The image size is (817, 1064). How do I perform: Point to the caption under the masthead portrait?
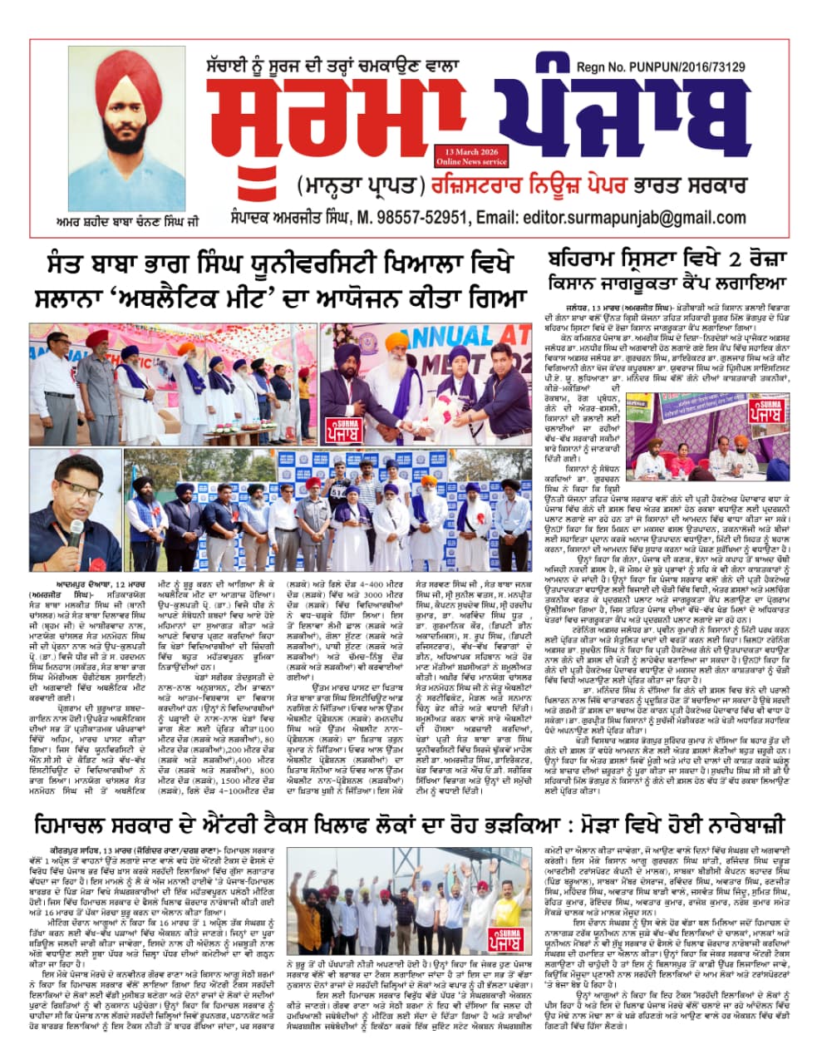pyautogui.click(x=126, y=223)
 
